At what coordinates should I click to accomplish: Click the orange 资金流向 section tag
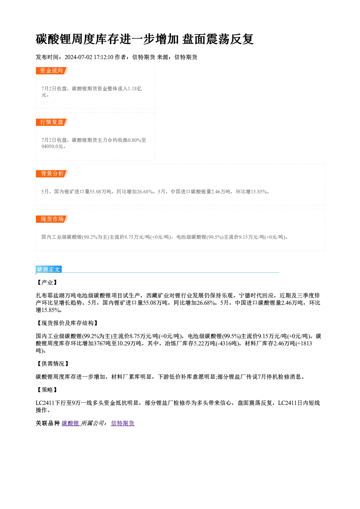[x=52, y=71]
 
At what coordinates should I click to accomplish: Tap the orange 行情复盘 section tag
[x=52, y=122]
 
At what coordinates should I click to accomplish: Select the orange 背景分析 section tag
[x=52, y=174]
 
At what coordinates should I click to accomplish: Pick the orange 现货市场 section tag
[x=52, y=219]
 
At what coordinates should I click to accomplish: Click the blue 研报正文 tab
[x=49, y=270]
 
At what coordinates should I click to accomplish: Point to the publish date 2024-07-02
[x=78, y=57]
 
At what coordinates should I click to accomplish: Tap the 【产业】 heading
[x=47, y=283]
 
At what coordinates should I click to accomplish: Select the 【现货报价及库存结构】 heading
[x=67, y=323]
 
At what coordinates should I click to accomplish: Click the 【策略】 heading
[x=47, y=390]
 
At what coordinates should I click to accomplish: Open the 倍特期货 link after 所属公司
[x=123, y=423]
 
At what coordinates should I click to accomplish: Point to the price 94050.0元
[x=53, y=147]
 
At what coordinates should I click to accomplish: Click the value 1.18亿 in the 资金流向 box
[x=135, y=89]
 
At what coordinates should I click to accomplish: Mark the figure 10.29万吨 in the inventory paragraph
[x=129, y=343]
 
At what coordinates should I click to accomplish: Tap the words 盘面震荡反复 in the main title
[x=218, y=39]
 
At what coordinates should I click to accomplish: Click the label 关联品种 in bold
[x=48, y=423]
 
